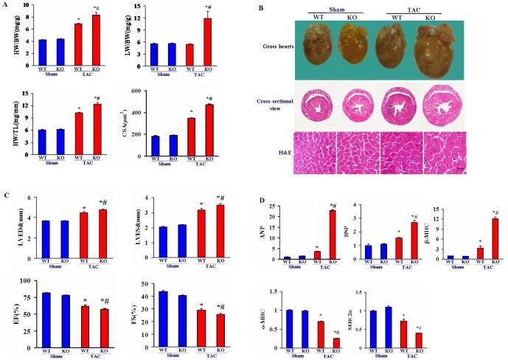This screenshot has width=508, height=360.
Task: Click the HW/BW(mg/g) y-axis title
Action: click(10, 32)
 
